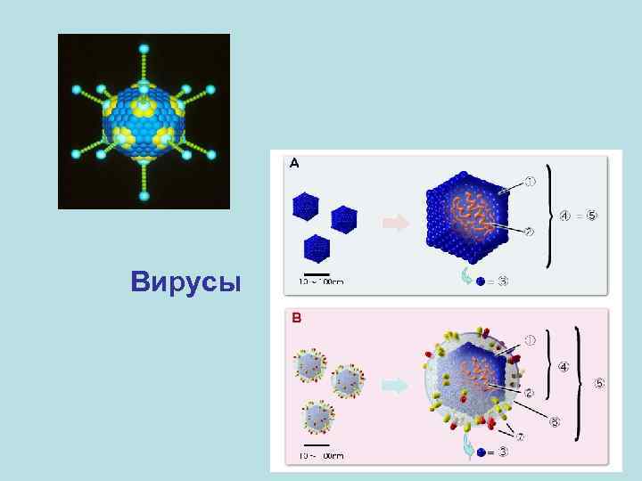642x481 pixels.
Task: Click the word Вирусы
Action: click(185, 282)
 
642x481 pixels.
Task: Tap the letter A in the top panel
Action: click(295, 163)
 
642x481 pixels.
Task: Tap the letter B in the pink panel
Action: click(296, 317)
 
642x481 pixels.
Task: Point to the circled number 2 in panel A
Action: click(529, 232)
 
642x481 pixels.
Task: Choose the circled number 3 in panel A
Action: click(504, 281)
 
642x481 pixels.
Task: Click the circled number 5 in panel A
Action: click(593, 215)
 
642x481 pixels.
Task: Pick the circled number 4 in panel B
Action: click(564, 365)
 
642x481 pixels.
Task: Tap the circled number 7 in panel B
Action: click(521, 436)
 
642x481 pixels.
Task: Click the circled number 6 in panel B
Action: click(555, 420)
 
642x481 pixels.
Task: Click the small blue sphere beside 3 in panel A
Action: click(481, 281)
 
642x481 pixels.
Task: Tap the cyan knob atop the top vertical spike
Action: click(144, 44)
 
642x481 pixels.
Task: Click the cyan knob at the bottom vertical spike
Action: click(144, 198)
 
